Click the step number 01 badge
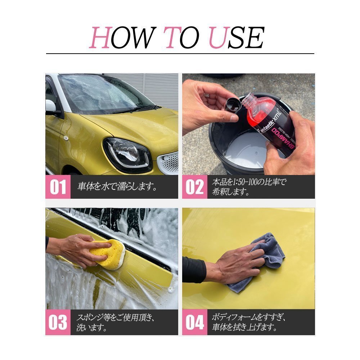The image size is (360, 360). point(58,187)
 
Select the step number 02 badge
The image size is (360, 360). point(194,187)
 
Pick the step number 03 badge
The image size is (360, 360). point(58,322)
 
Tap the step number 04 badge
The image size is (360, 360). point(194,322)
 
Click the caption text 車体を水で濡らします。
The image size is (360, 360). point(117,187)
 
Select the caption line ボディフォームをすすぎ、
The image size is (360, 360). point(248,318)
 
